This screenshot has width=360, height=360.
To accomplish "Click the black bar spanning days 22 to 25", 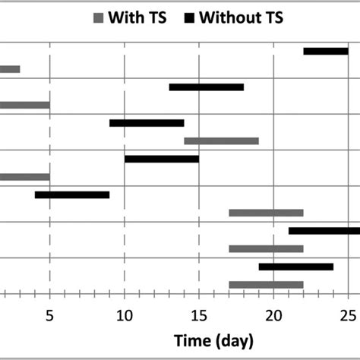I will (x=326, y=51).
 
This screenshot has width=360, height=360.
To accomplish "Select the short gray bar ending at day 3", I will (x=10, y=69).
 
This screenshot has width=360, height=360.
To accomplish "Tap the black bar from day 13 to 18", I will (x=207, y=87).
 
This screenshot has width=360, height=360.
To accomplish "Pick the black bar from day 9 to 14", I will (x=147, y=123).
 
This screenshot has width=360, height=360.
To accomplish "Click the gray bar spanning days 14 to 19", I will (x=221, y=141).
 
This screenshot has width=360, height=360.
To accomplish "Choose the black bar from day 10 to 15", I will (x=162, y=159).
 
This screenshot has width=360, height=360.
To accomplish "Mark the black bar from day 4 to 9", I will (x=72, y=195).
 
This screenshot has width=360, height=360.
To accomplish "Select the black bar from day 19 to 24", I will (x=295, y=267).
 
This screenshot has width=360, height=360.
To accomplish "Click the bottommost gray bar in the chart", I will (x=266, y=285).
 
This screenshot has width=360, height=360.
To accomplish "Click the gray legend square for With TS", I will (x=97, y=19).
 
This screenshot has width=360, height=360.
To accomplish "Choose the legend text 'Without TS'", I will (x=241, y=18).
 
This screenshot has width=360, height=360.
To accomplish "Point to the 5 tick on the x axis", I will (x=49, y=314).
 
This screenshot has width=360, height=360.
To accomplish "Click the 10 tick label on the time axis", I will (x=124, y=314).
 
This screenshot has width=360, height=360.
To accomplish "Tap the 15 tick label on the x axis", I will (x=198, y=314).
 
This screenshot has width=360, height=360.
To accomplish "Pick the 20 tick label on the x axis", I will (x=273, y=314).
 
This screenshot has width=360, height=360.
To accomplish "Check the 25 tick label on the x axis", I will (x=348, y=314).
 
